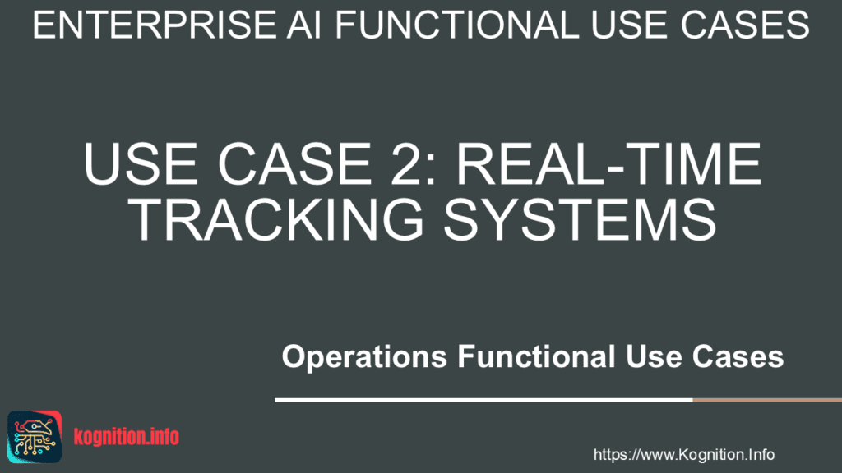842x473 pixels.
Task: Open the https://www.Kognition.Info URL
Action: pos(683,454)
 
